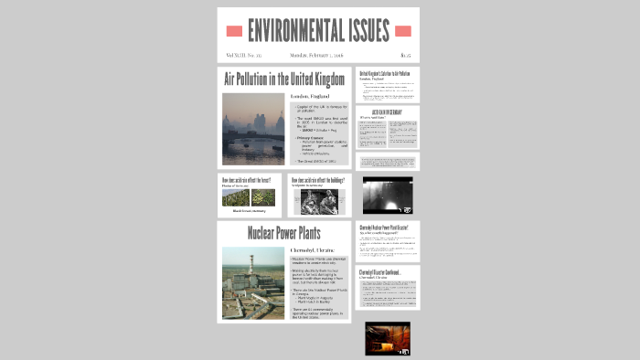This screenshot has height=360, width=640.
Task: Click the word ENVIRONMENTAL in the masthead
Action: [x=295, y=30]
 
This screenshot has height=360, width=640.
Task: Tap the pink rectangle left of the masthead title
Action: [x=234, y=31]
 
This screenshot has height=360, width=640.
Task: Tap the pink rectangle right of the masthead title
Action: [x=403, y=31]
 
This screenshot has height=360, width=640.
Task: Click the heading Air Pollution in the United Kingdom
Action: [x=284, y=79]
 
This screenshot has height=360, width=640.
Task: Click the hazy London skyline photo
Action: [x=252, y=128]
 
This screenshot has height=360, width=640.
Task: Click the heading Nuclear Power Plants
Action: [x=283, y=233]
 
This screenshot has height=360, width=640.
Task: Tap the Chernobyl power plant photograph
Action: [x=252, y=282]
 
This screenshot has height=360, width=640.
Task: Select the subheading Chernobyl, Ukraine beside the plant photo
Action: [x=313, y=249]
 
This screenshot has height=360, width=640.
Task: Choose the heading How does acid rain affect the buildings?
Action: [x=319, y=180]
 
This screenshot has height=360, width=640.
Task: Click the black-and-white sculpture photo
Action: [x=319, y=202]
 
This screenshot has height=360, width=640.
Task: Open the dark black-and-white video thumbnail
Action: [x=388, y=195]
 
